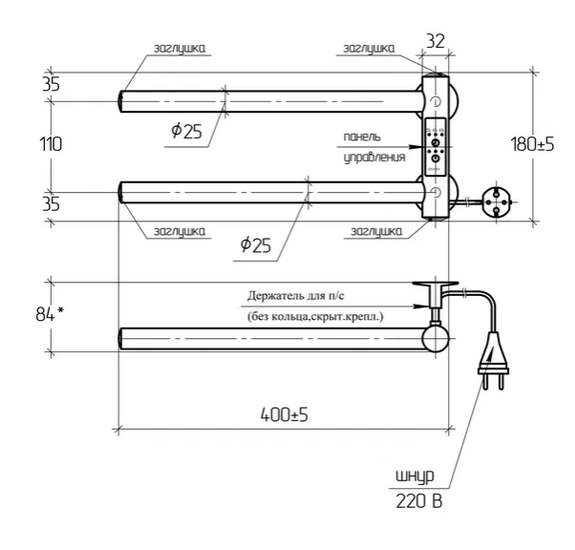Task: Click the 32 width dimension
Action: click(436, 41)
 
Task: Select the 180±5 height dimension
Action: click(534, 144)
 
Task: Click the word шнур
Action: click(416, 476)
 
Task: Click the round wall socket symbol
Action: click(498, 199)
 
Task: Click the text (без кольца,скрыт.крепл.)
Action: click(314, 317)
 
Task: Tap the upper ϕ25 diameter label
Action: click(187, 132)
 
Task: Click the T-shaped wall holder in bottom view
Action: click(435, 291)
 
